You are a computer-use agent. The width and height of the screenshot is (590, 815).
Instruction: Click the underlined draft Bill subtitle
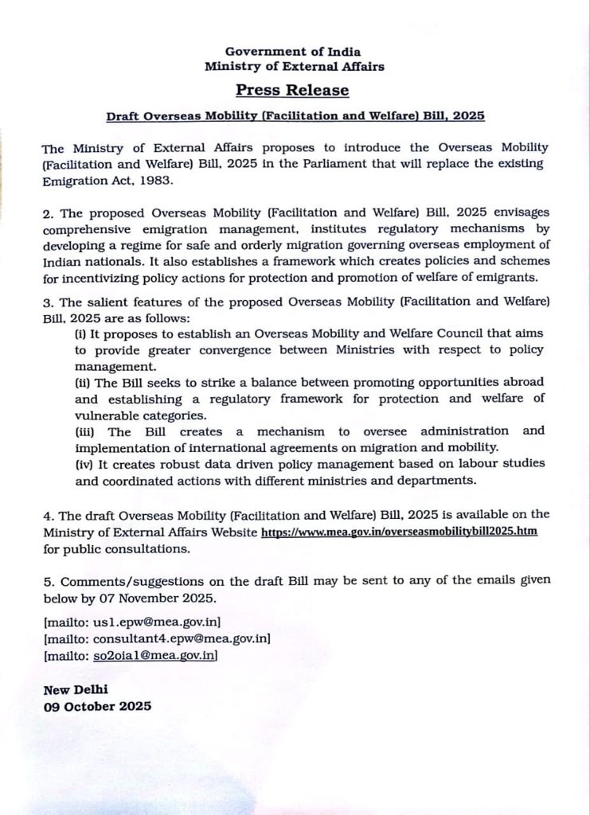[295, 115]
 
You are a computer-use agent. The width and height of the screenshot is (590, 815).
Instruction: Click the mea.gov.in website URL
[400, 532]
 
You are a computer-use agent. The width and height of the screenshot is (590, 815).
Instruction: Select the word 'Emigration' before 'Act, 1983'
[72, 181]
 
